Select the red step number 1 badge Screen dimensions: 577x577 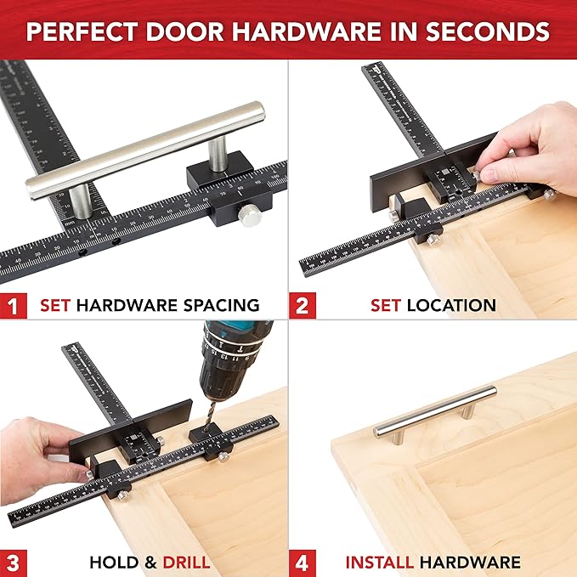[x=13, y=304]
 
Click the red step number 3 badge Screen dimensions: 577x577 [x=13, y=562]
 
